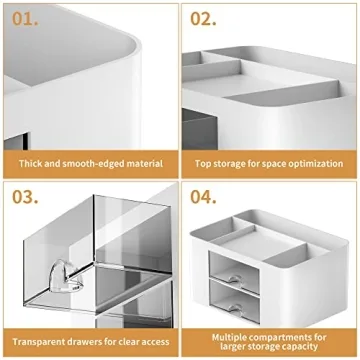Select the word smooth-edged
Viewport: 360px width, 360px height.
[x=79, y=162]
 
